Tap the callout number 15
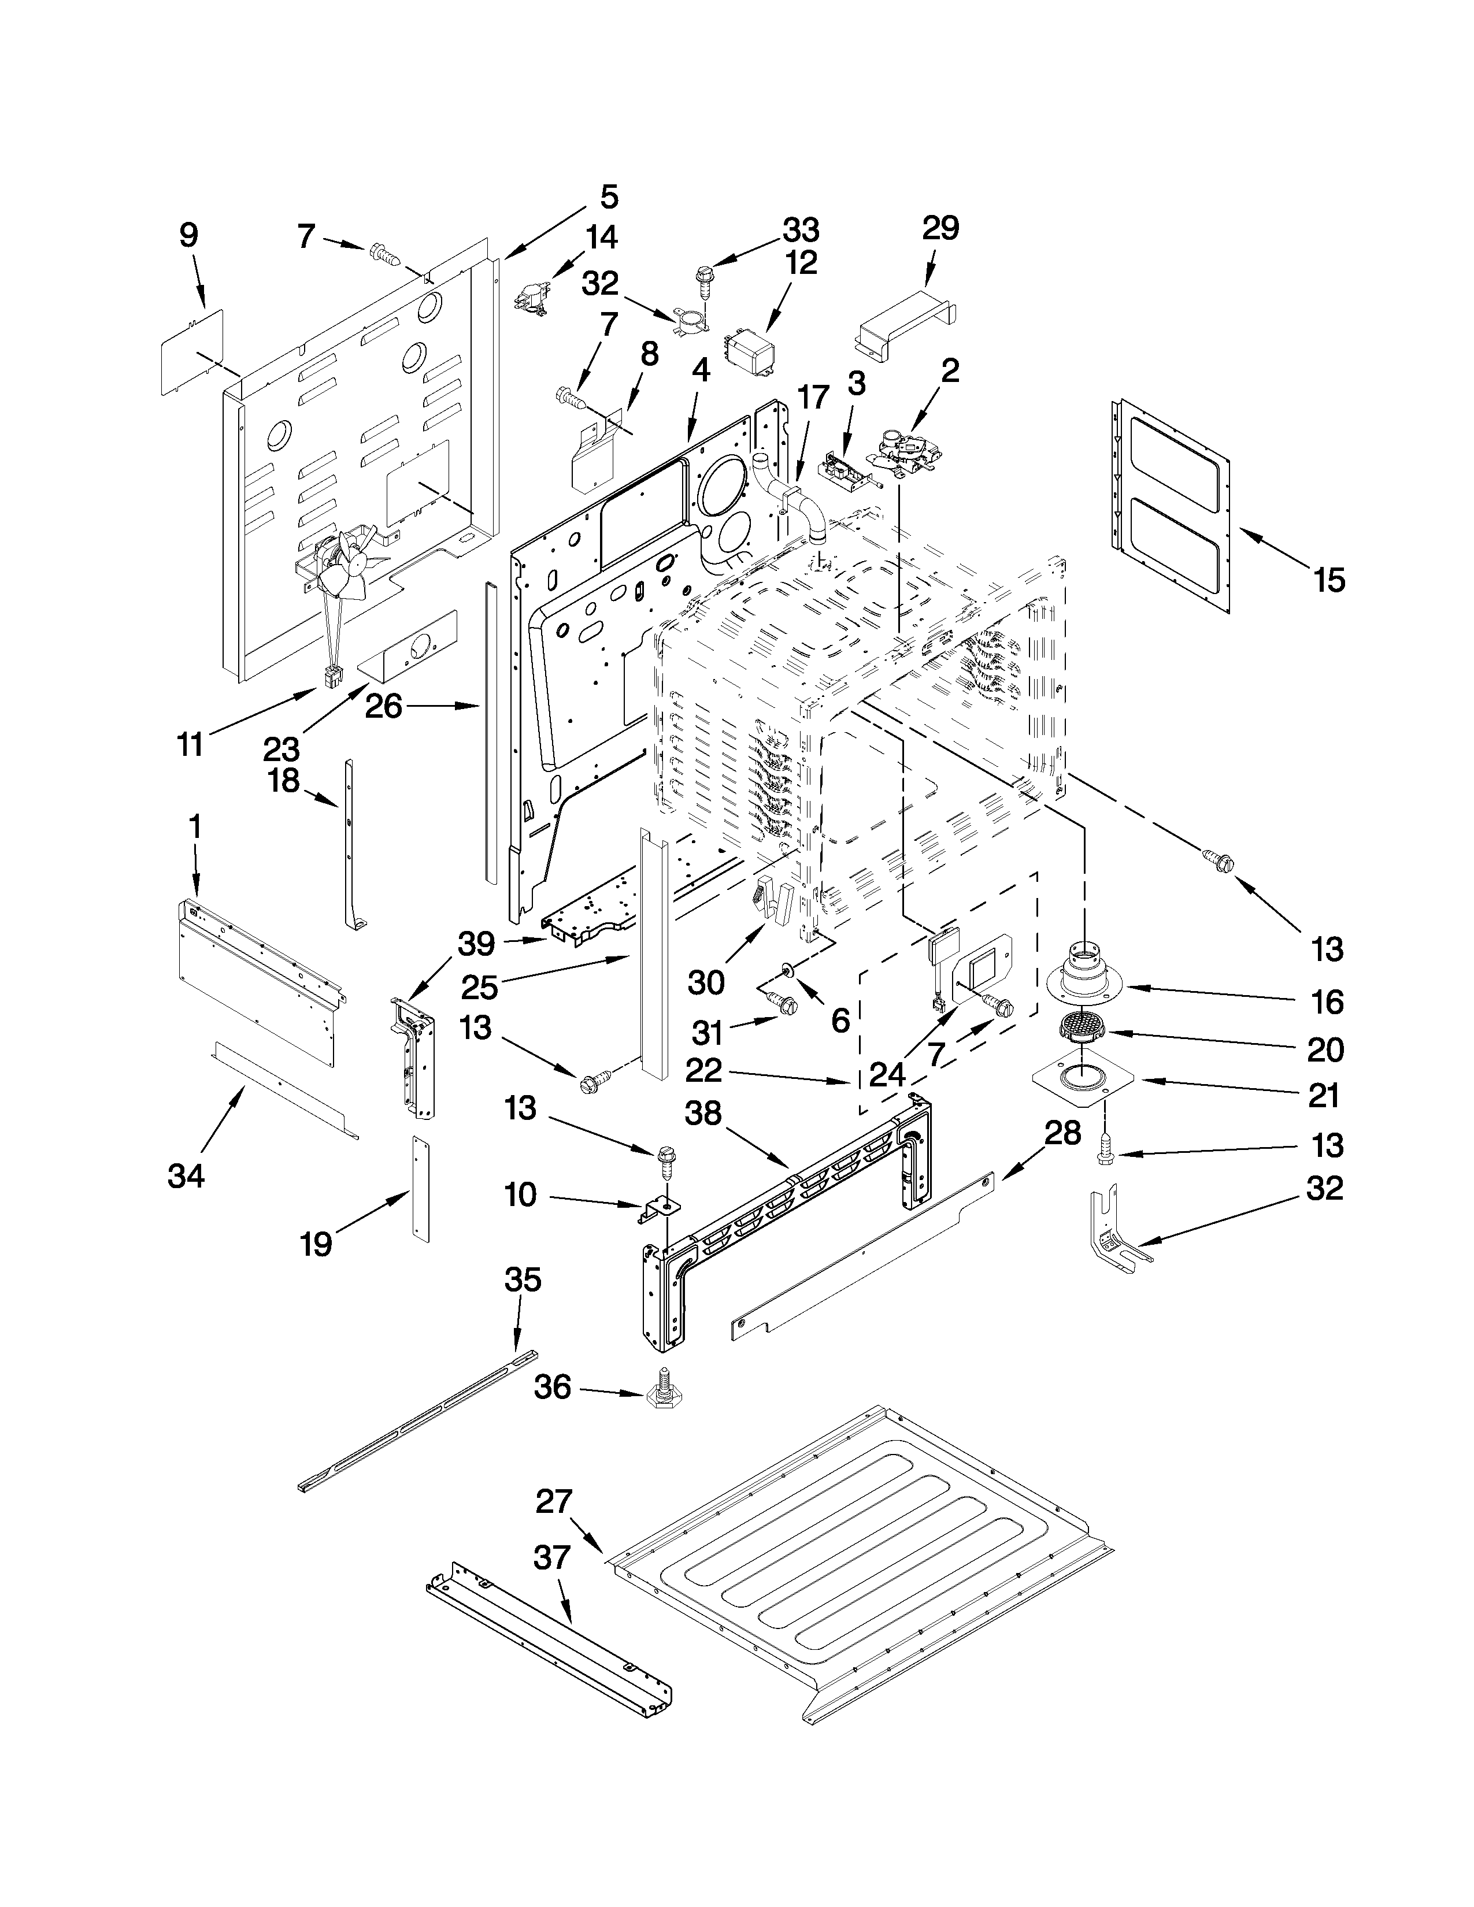(1329, 580)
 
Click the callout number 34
(186, 1176)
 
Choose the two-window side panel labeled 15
(1170, 504)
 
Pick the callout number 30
(706, 983)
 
